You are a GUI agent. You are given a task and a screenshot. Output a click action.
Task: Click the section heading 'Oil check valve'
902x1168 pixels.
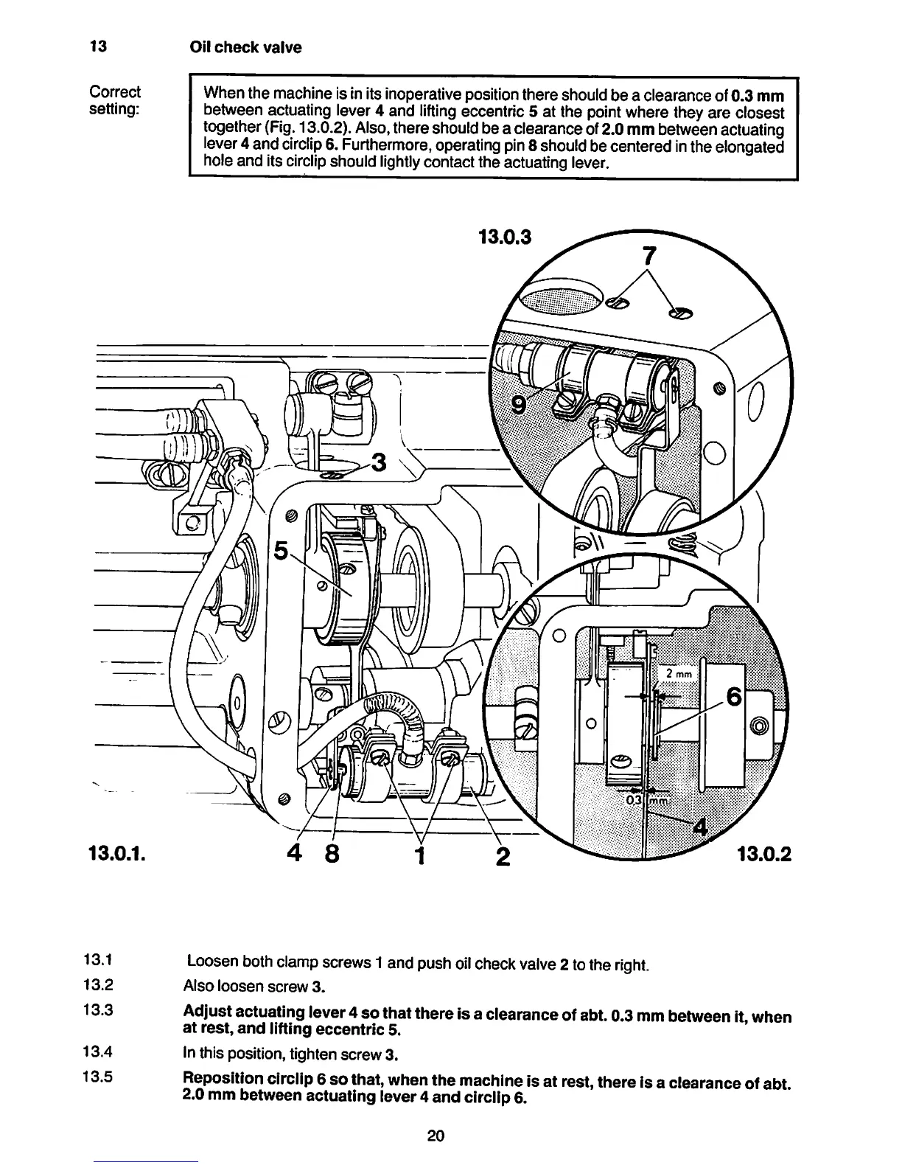[x=245, y=48]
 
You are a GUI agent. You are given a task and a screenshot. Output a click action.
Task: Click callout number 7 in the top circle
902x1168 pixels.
[x=648, y=256]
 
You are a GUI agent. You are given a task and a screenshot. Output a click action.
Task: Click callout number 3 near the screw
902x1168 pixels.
[x=379, y=462]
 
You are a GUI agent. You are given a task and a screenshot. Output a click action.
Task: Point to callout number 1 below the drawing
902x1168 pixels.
[x=421, y=856]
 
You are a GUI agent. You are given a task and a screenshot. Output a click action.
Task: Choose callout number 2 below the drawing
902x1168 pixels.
[x=503, y=856]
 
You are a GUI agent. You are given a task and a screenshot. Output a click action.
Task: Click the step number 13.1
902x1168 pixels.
[x=98, y=961]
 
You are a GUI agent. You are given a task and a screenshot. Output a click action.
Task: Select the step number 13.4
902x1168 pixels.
[x=98, y=1051]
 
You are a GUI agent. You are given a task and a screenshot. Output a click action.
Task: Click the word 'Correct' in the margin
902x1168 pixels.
[x=114, y=92]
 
